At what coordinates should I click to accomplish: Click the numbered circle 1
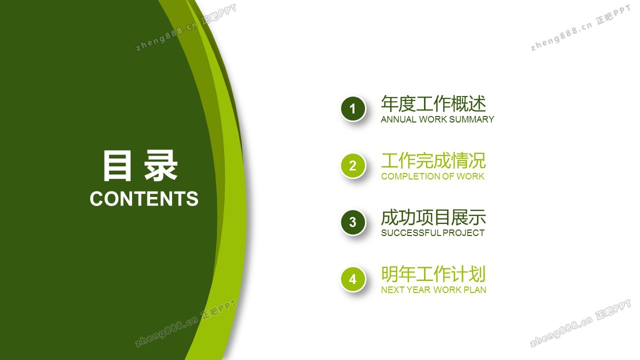[353, 109]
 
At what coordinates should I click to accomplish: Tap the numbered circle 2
[353, 165]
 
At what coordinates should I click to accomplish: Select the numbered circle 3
[353, 222]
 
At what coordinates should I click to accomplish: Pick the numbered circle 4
[353, 279]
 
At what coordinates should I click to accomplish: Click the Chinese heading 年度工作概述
[433, 103]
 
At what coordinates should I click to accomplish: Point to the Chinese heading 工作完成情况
[433, 160]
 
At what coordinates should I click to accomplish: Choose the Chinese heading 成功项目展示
[433, 217]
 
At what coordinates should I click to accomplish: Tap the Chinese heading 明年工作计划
[433, 273]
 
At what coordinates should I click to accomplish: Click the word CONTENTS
[144, 198]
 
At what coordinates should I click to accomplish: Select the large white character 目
[117, 165]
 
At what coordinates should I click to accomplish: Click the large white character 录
[160, 165]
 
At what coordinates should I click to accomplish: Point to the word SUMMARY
[472, 119]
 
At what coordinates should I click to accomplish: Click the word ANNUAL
[398, 119]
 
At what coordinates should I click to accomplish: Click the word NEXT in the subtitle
[392, 289]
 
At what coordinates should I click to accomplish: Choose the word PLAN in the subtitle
[474, 289]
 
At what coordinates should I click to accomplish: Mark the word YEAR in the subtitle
[418, 289]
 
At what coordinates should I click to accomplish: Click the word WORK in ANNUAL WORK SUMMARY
[433, 119]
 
